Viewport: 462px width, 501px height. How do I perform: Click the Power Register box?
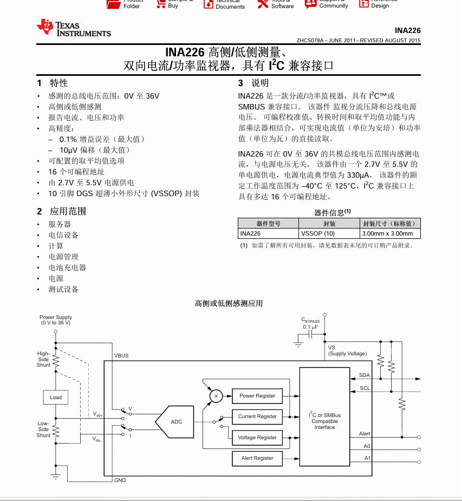click(257, 396)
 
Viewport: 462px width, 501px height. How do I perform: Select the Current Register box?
click(257, 417)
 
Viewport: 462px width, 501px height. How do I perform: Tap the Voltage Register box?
click(257, 438)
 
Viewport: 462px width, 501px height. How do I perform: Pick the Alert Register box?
click(257, 458)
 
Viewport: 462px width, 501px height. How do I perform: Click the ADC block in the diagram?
click(177, 421)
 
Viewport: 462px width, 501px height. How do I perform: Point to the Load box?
click(56, 397)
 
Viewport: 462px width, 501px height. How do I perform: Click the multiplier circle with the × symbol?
click(216, 396)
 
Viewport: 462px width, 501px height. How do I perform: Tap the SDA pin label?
click(365, 375)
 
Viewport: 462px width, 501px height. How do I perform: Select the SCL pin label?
click(365, 388)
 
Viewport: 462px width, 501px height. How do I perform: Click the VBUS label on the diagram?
click(121, 356)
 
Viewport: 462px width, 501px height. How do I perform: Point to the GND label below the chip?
click(120, 480)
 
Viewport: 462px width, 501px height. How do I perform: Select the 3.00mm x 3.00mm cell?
click(388, 233)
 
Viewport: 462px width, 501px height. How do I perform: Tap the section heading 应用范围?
click(68, 211)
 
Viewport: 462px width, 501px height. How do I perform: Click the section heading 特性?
click(59, 83)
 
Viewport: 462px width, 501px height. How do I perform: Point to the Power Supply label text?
click(56, 320)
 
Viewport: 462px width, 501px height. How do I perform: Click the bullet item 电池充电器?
click(67, 268)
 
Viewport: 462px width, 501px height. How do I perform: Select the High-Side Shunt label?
click(43, 359)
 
